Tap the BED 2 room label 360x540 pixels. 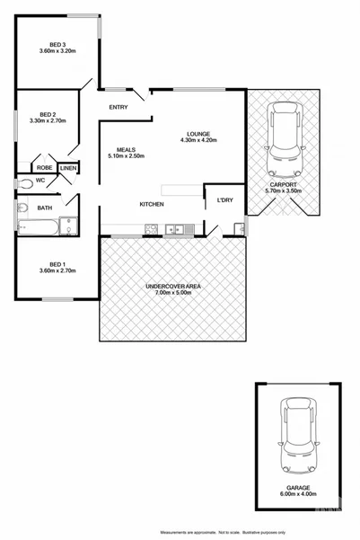click(x=43, y=114)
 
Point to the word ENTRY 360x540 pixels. click(x=119, y=108)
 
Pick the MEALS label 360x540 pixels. click(x=126, y=150)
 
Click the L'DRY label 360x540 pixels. click(x=225, y=199)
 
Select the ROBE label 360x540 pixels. click(x=44, y=168)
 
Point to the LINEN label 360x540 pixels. click(x=68, y=168)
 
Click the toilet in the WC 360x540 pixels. click(x=27, y=183)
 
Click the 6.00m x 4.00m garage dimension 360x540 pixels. click(x=298, y=495)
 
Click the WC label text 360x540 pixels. click(x=16, y=181)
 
